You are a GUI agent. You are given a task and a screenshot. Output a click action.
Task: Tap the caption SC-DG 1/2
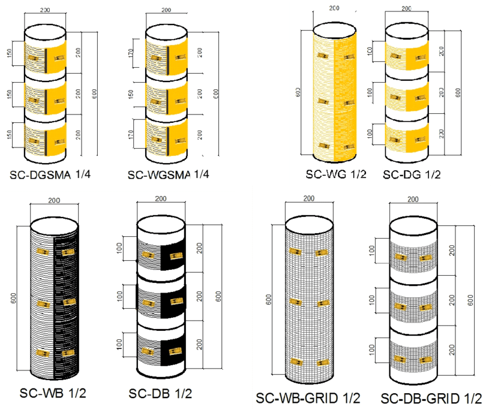click(x=412, y=174)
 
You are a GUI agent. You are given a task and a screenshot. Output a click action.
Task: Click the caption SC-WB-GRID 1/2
click(x=308, y=398)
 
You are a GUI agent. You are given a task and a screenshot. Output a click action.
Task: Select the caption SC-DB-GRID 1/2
click(x=431, y=398)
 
